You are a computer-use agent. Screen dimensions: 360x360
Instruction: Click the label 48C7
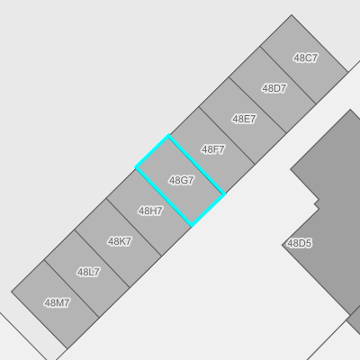coord(305,58)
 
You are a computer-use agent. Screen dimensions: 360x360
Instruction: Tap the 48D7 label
coord(274,88)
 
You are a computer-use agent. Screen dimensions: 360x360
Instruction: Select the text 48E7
coord(244,119)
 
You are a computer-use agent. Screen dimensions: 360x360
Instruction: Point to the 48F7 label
coord(213,149)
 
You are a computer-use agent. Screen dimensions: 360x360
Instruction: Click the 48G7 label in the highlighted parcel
coord(182,180)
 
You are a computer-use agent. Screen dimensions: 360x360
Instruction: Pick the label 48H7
coord(150,211)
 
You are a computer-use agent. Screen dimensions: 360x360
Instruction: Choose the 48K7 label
coord(120,241)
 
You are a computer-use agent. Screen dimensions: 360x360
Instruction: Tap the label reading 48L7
coord(88,273)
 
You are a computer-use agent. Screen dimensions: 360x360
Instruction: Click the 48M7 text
coord(57,303)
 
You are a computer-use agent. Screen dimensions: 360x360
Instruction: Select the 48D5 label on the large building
coord(300,243)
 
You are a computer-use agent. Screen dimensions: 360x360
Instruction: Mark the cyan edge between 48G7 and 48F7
coord(197,165)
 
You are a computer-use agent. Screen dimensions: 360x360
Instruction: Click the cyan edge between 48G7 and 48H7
coord(164,196)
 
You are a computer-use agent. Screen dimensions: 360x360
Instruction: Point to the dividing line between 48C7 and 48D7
coord(288,76)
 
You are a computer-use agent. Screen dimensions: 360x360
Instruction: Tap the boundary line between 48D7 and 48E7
coord(257,105)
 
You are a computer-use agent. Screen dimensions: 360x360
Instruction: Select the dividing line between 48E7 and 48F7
coord(227,136)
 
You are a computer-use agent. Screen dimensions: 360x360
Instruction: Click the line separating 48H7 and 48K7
coord(134,227)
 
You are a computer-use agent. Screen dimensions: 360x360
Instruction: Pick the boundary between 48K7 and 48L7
coord(102,258)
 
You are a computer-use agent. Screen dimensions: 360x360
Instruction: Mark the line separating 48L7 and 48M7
coord(71,289)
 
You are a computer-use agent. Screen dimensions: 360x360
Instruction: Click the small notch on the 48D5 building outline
coord(317,203)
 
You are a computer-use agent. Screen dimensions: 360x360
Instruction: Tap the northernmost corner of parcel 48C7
coord(292,14)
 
